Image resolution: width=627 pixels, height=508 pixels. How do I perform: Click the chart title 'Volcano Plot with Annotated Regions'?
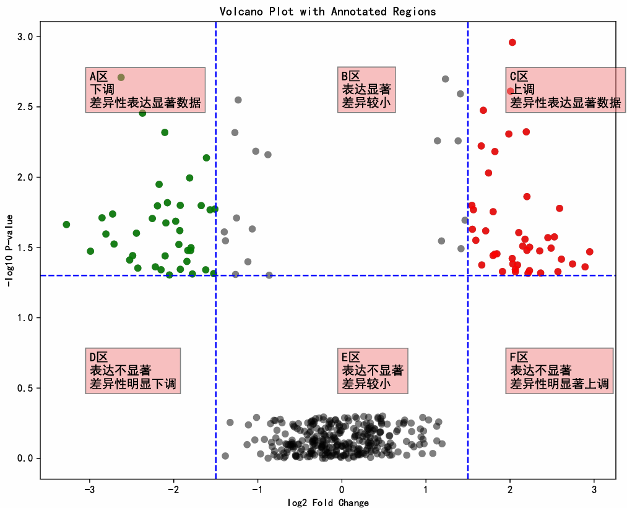pos(327,12)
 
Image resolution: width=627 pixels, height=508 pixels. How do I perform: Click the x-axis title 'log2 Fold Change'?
pos(328,502)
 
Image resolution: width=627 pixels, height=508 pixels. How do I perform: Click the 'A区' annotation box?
pos(145,90)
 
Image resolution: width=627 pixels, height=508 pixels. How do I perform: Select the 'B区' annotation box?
pos(366,90)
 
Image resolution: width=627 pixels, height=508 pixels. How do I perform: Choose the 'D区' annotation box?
pos(133,371)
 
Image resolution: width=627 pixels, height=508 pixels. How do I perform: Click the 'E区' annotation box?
pos(373,371)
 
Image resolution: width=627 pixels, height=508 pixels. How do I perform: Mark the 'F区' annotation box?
pos(560,371)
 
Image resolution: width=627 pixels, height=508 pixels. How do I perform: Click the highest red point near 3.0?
pos(512,43)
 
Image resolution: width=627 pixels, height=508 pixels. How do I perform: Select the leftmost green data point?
pos(66,224)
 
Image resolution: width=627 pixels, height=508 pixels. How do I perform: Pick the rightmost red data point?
pos(589,252)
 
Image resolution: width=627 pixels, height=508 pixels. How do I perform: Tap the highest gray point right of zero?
pos(446,79)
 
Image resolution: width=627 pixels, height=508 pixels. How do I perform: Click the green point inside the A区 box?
pos(121,77)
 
